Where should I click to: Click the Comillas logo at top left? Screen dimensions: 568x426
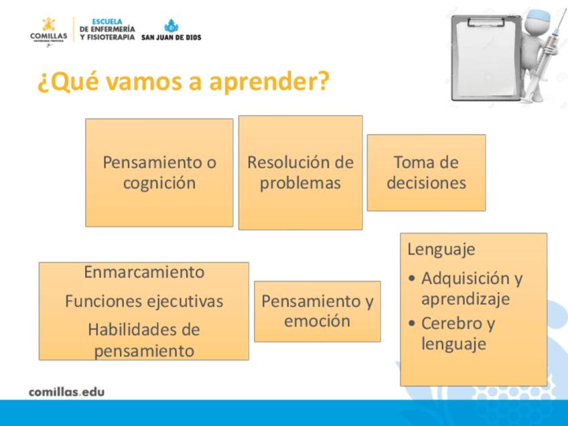[x=48, y=32]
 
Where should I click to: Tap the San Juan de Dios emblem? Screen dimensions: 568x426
[x=171, y=25]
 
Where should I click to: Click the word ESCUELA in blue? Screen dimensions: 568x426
[x=107, y=21]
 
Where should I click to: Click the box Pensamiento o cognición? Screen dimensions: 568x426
[x=159, y=173]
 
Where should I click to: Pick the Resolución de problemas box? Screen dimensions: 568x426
[x=300, y=173]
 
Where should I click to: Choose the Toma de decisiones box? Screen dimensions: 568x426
[x=427, y=173]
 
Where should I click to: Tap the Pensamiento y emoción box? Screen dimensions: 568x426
[x=317, y=311]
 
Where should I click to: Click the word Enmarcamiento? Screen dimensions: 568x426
[x=144, y=272]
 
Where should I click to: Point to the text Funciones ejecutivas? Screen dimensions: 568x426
[x=144, y=301]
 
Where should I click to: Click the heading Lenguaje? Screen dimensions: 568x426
[x=441, y=249]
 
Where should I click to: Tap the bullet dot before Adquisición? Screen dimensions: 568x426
[x=411, y=279]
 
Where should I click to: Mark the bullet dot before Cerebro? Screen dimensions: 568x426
[x=411, y=323]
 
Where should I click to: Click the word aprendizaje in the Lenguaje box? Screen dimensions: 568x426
[x=466, y=299]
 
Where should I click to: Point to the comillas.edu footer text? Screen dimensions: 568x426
[x=67, y=392]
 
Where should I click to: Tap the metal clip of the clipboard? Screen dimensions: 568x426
[x=486, y=22]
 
